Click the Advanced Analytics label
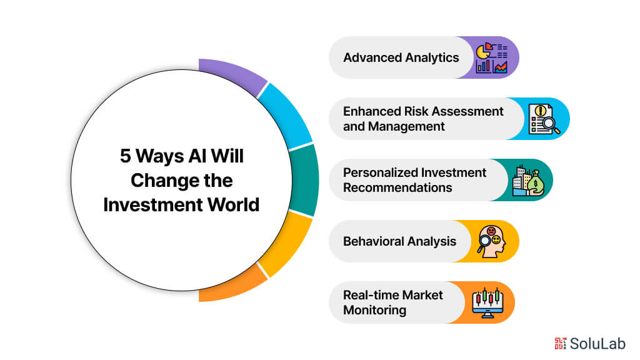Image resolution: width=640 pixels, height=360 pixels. (401, 57)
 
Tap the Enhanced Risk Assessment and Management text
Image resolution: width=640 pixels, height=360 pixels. (423, 119)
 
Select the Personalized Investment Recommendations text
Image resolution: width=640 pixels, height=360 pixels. (414, 180)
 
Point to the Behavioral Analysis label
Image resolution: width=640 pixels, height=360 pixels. (399, 241)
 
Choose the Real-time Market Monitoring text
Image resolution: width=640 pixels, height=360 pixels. (392, 302)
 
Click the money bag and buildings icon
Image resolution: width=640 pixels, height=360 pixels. (527, 180)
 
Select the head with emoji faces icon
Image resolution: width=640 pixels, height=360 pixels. (492, 241)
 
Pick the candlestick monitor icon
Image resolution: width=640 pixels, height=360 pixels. (487, 302)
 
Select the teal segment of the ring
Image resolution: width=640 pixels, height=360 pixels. (305, 180)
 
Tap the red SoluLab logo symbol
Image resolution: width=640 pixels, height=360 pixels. (560, 342)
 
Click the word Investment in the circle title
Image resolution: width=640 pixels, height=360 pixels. (147, 204)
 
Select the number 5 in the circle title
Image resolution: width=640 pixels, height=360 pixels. (125, 156)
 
